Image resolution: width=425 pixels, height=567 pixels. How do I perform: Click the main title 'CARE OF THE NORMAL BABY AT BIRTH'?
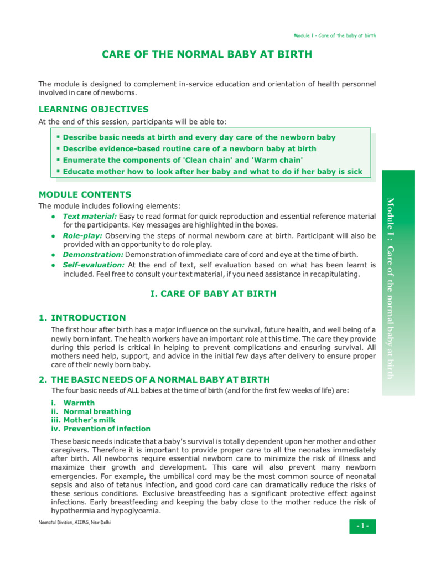[207, 54]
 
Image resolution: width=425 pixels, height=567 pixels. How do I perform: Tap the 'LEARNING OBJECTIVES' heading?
[94, 109]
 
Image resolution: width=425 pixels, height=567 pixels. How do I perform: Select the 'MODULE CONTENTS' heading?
[85, 194]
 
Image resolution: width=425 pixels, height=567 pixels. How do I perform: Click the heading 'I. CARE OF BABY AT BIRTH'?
[214, 293]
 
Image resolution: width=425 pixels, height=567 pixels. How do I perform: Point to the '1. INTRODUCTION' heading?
[82, 318]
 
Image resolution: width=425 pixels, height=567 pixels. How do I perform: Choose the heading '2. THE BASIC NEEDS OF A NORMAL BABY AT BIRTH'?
[154, 379]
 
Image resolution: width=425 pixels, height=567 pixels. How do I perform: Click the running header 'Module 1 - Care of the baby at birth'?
[335, 36]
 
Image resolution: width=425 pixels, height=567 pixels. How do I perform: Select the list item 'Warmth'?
[79, 403]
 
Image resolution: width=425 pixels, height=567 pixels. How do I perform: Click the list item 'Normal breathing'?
[97, 411]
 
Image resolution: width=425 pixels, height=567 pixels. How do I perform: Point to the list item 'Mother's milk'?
[90, 420]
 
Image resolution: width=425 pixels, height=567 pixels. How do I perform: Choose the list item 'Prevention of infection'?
[107, 429]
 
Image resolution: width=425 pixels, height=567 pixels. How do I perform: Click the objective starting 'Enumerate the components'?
[183, 160]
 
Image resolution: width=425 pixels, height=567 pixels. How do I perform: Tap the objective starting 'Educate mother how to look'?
[212, 172]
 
